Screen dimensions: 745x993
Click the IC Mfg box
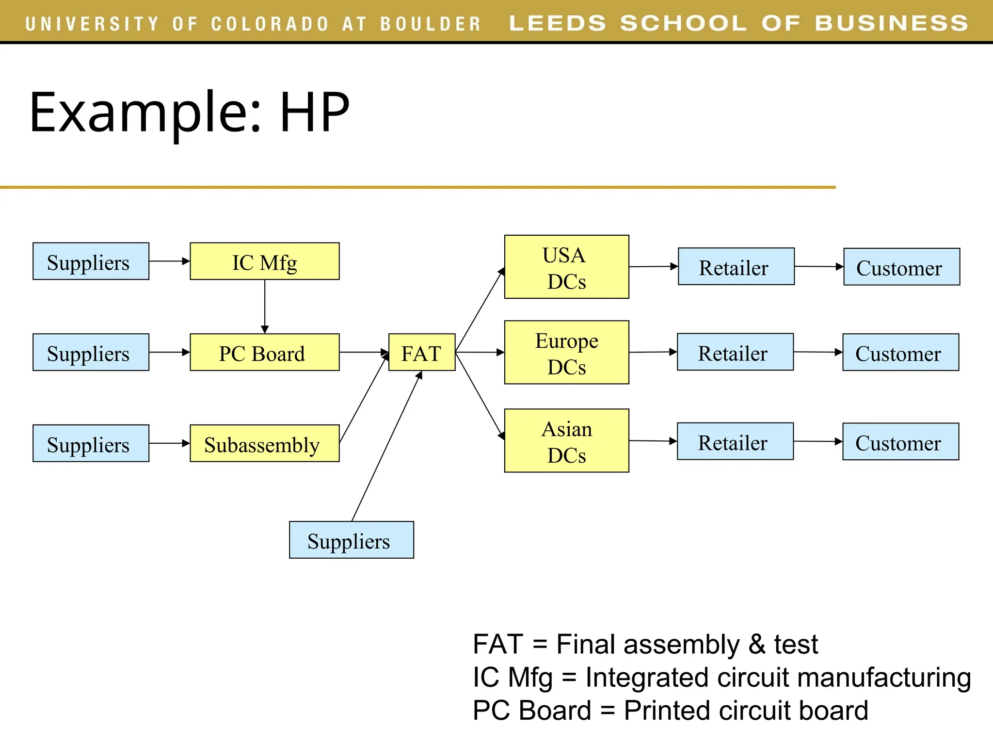point(264,261)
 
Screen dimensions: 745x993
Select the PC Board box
point(264,353)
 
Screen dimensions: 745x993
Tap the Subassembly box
point(264,443)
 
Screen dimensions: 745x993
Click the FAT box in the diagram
point(421,353)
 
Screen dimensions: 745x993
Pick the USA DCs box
point(566,267)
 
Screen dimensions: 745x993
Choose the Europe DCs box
point(566,353)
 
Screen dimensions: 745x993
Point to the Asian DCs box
point(566,440)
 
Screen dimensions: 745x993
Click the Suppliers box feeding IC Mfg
point(91,261)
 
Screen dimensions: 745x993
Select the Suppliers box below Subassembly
point(351,540)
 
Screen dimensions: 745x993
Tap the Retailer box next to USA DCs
point(736,267)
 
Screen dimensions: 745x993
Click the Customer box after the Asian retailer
point(900,442)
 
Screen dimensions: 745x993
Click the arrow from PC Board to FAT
point(364,353)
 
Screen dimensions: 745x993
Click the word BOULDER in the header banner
point(430,24)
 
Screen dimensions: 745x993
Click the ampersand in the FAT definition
point(756,645)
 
